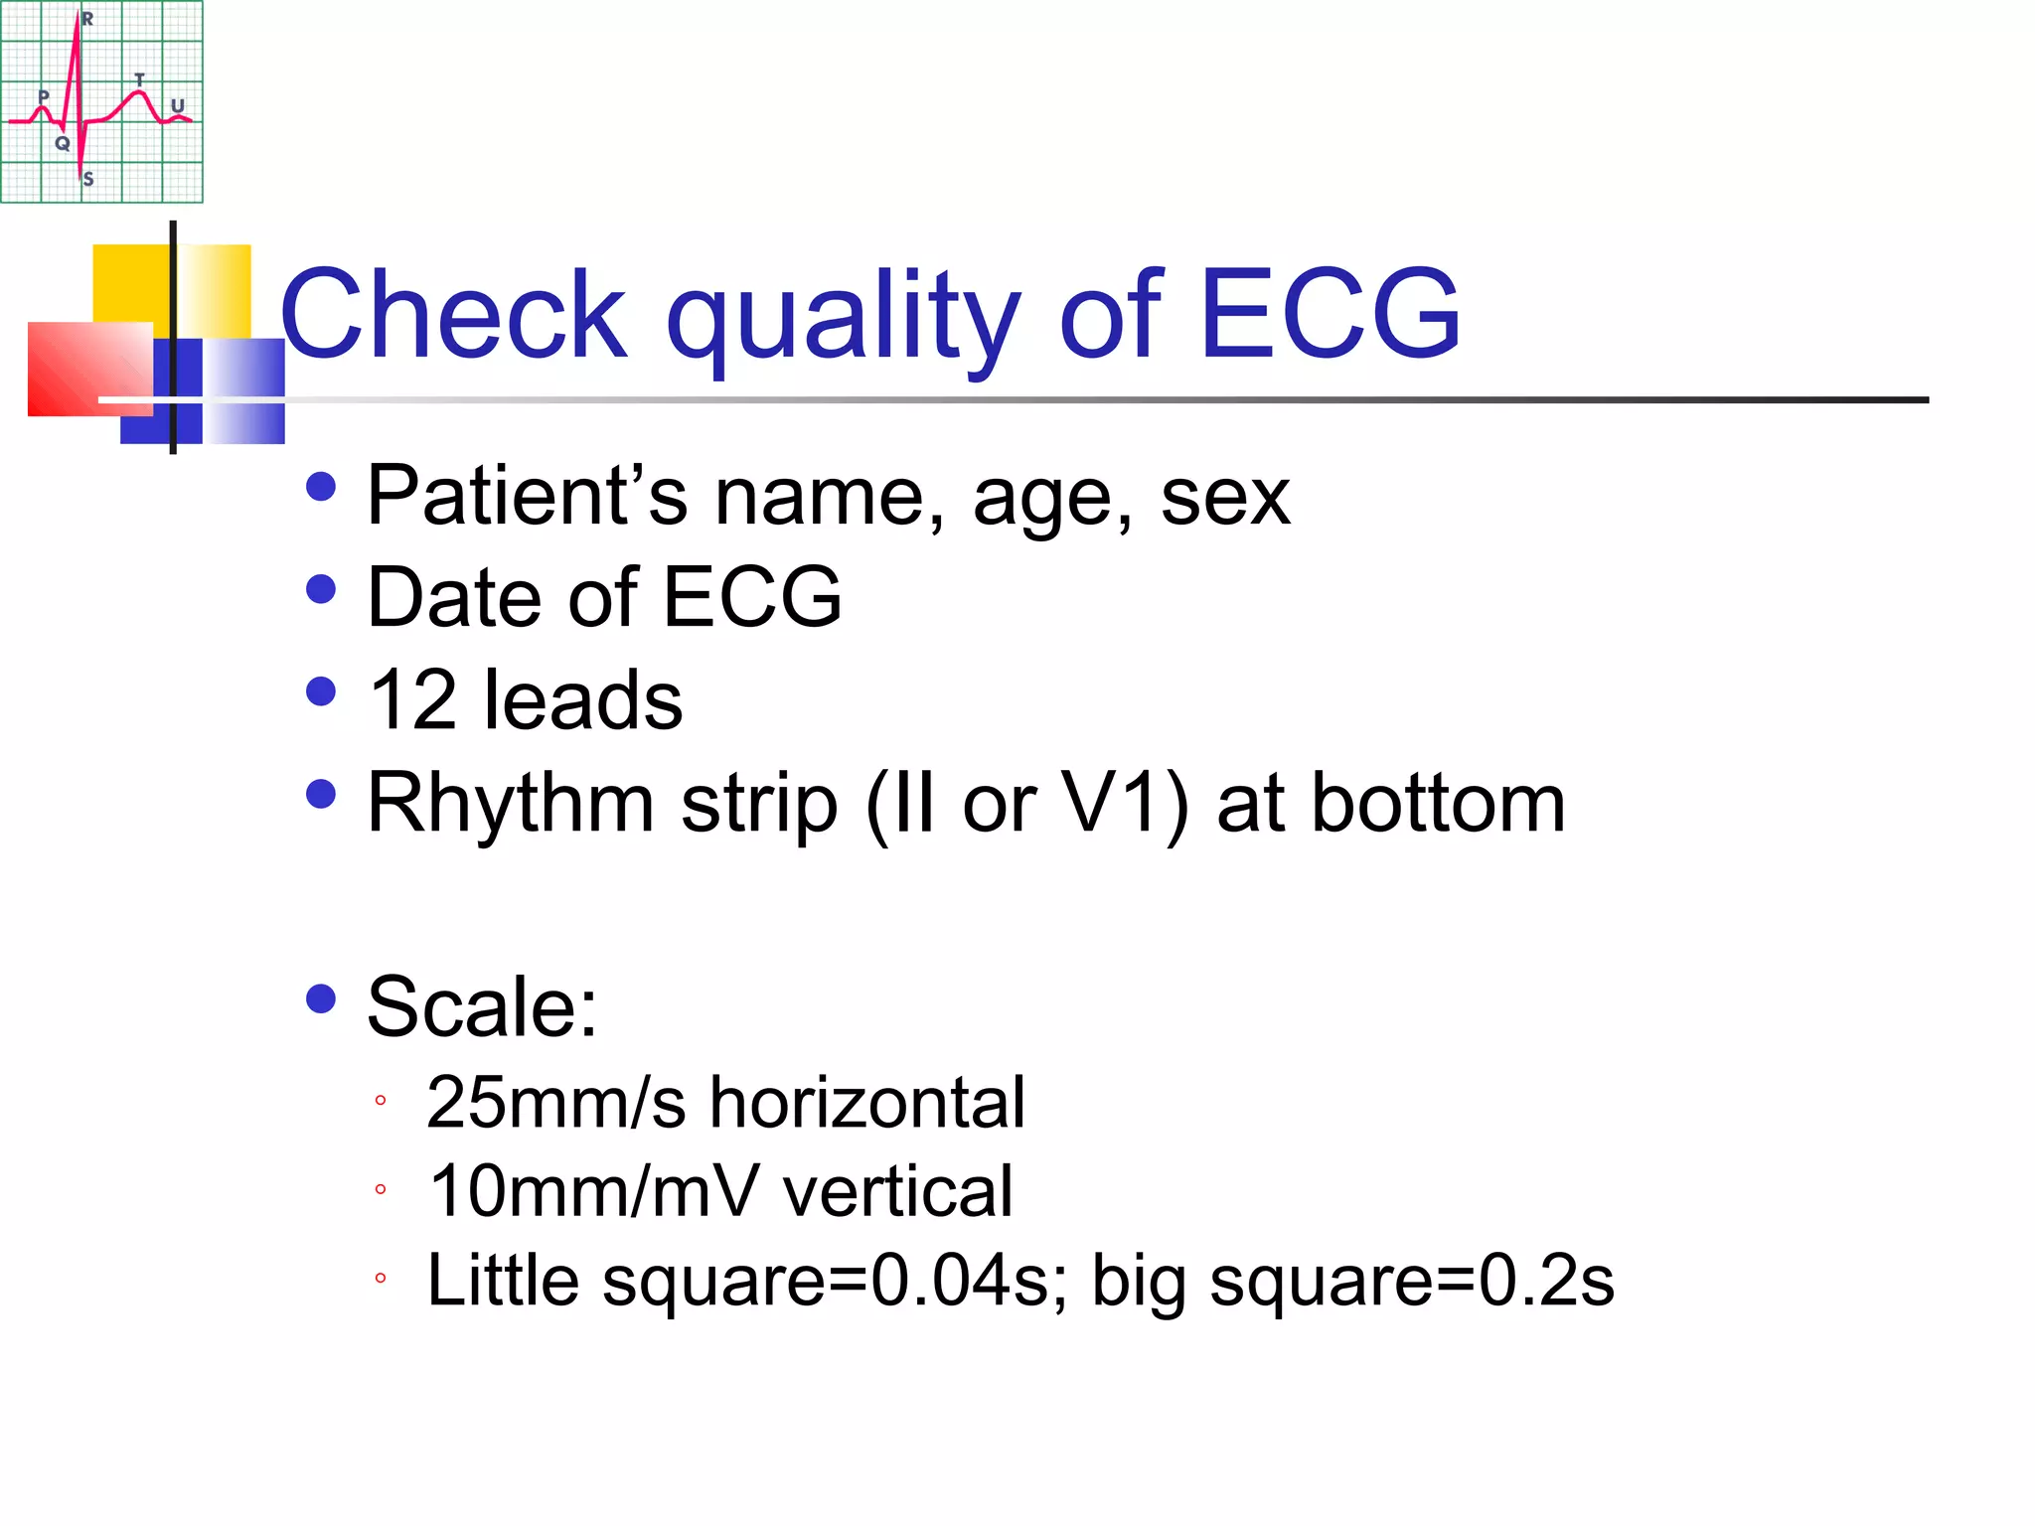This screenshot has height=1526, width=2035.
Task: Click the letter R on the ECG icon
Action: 87,19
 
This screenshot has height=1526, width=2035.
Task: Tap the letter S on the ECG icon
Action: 88,179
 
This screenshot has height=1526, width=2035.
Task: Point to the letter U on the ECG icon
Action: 178,105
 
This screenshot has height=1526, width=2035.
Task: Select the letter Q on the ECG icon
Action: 63,143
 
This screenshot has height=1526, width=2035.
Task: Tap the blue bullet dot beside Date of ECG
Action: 321,589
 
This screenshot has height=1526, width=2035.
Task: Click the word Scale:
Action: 482,1006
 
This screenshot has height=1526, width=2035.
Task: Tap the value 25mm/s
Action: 555,1103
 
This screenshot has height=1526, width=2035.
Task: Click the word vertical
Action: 898,1190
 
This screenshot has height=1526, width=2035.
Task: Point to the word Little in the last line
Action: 503,1279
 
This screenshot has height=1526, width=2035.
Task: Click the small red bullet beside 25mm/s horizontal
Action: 380,1100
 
